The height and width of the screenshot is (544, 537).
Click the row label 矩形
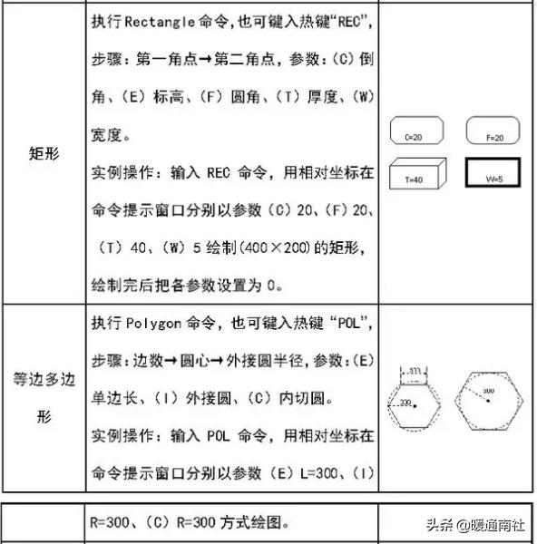(44, 152)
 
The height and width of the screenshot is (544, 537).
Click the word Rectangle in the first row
(161, 20)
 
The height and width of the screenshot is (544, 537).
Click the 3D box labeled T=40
(418, 175)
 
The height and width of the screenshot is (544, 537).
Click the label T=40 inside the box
(414, 180)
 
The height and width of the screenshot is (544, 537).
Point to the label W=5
(494, 180)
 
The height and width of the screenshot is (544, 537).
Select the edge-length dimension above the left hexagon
(415, 372)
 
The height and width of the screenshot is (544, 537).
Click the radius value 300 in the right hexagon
(488, 391)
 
